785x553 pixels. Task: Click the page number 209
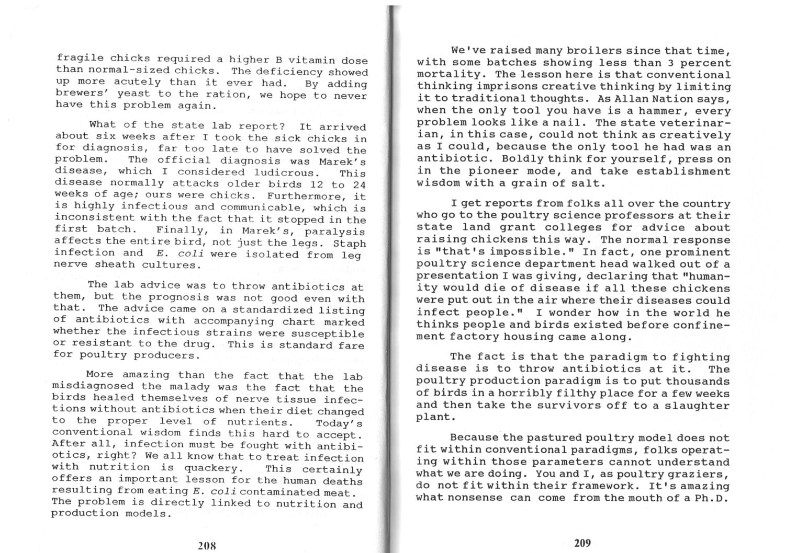(582, 543)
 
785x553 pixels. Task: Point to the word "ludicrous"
(286, 172)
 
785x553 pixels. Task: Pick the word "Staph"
(350, 244)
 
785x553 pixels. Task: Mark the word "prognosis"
(180, 297)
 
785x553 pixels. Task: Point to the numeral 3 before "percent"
(663, 63)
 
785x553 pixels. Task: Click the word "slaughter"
(700, 405)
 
